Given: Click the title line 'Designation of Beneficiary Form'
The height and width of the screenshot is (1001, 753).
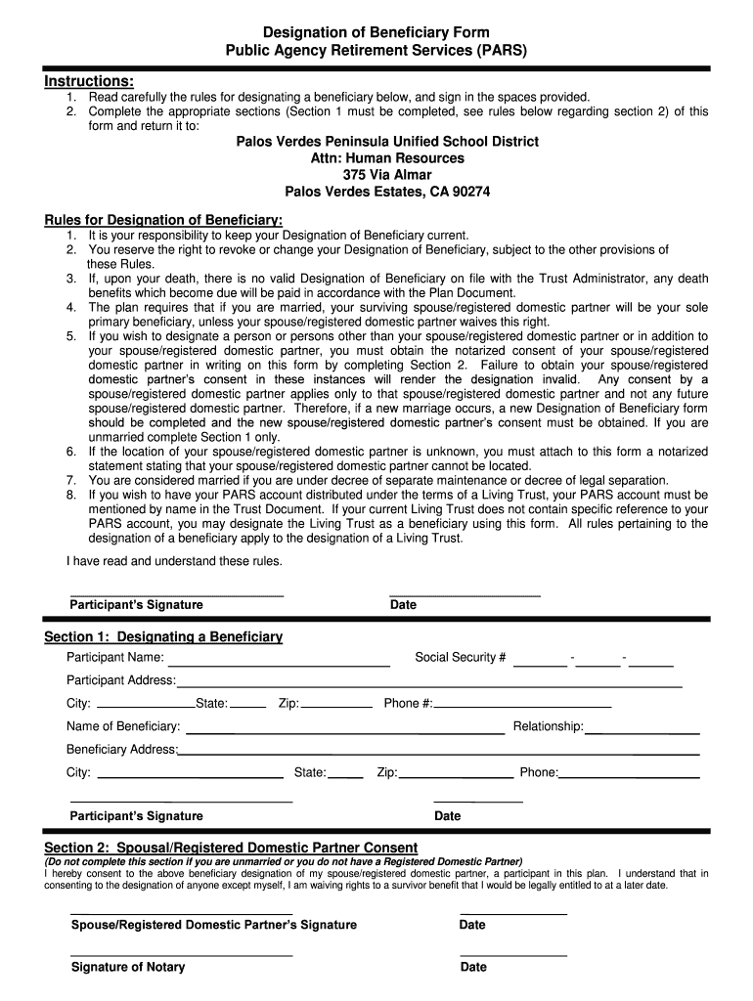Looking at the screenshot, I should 376,33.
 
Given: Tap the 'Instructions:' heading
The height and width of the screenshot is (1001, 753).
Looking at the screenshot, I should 89,80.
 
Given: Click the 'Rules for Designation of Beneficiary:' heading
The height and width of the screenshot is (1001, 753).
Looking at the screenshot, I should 163,220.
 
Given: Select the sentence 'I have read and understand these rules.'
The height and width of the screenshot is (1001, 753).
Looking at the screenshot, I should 174,561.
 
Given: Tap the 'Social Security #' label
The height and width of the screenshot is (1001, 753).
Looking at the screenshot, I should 460,657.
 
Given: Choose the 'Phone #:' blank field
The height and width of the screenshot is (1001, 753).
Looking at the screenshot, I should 523,705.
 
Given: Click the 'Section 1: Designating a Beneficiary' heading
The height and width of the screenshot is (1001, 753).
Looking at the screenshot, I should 163,637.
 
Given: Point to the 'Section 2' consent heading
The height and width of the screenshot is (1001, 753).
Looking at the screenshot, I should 231,847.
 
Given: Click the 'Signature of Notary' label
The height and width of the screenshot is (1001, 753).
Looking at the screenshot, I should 128,967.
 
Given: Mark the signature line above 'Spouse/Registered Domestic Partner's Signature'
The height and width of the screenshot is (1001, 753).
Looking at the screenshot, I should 181,913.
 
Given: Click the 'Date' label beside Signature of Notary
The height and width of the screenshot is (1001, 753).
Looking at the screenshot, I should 472,967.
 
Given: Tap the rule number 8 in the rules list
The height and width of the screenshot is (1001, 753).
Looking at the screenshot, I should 71,495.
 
